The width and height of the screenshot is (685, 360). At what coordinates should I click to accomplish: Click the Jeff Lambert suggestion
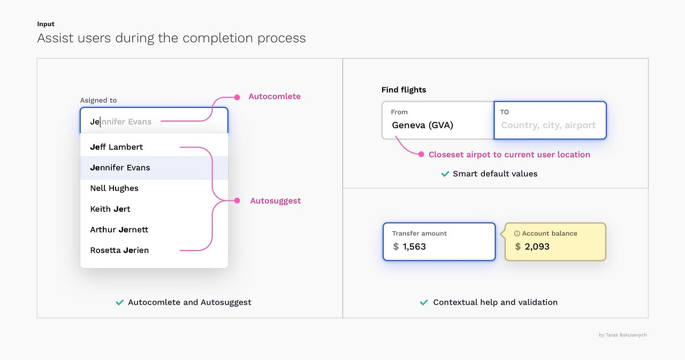(117, 147)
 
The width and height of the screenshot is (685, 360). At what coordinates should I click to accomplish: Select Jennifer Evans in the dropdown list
(120, 167)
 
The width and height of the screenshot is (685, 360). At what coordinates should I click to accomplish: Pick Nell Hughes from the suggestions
(114, 188)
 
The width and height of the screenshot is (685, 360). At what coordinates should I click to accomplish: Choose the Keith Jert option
(110, 209)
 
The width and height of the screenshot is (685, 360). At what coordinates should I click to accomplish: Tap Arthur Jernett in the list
(119, 229)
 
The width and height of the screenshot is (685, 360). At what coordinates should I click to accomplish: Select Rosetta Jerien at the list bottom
(119, 250)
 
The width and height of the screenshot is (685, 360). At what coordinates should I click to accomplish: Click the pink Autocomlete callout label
(274, 97)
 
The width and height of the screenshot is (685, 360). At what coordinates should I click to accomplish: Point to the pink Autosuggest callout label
(275, 201)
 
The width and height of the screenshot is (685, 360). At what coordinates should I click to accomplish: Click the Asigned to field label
(98, 100)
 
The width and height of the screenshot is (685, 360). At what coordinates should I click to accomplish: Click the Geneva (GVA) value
(422, 125)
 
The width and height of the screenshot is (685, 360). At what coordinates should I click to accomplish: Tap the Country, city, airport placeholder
(548, 125)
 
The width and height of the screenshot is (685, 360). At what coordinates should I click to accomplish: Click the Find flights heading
(404, 90)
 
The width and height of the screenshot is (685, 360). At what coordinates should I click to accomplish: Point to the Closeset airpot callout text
(509, 155)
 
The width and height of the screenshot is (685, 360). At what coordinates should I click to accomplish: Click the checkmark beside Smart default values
(445, 174)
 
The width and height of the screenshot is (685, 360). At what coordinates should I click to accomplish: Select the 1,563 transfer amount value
(414, 247)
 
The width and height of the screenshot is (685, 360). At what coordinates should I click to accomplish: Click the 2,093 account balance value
(537, 247)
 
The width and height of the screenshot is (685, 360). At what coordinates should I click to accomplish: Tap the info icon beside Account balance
(517, 234)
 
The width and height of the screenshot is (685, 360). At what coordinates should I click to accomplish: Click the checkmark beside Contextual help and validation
(424, 303)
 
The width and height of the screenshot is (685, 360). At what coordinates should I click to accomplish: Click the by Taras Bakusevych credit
(622, 335)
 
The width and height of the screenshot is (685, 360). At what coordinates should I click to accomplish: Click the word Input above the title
(46, 24)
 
